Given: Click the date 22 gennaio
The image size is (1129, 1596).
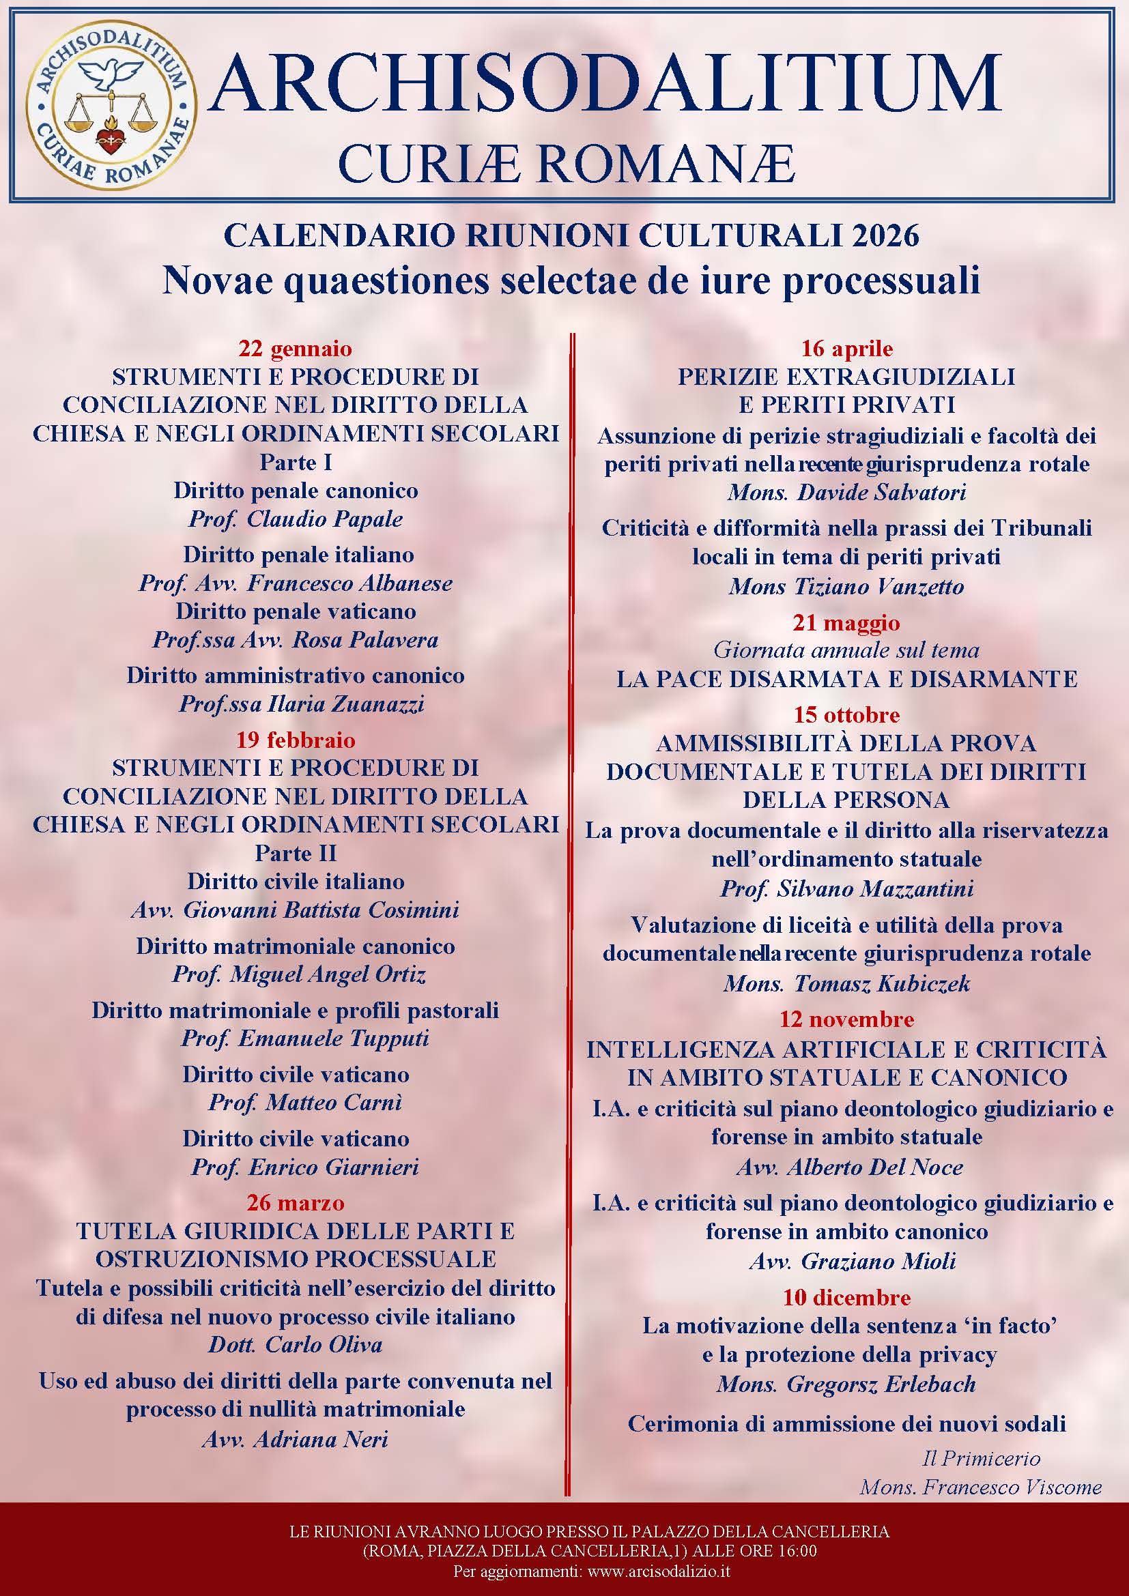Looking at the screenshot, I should click(296, 347).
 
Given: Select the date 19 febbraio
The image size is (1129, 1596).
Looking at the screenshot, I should click(296, 740).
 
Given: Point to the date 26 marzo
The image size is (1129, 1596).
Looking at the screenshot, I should click(296, 1202).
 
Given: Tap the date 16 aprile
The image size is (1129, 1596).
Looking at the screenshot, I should click(846, 347).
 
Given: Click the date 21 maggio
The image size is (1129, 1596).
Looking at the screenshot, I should click(846, 622).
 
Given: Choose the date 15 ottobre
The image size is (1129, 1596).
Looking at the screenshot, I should click(846, 714).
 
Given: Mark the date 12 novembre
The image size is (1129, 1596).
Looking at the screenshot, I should click(846, 1019).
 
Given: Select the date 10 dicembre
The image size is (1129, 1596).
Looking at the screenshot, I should click(846, 1297).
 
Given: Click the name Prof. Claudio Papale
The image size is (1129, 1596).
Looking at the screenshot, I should click(296, 519).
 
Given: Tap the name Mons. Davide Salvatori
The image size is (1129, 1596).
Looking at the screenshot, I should click(846, 493).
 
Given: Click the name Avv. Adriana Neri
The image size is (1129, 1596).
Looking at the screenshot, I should click(296, 1439).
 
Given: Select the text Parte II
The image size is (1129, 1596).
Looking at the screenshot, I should click(296, 853).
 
